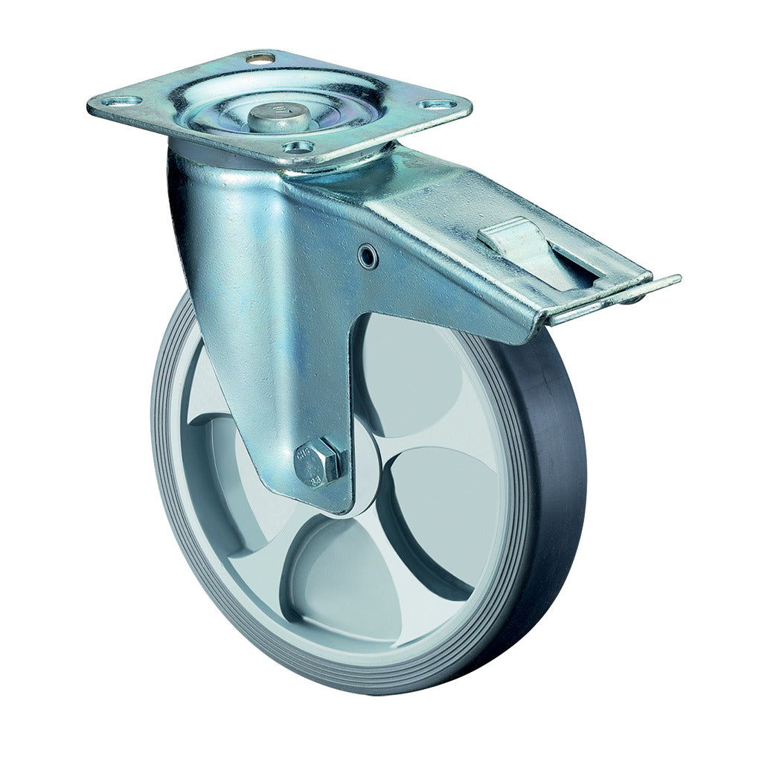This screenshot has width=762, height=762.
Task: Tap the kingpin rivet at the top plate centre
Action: [271, 116]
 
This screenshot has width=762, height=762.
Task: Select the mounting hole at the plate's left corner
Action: [121, 100]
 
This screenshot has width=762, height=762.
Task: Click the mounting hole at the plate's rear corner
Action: [260, 57]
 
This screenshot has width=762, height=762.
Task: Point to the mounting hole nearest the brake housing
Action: [298, 147]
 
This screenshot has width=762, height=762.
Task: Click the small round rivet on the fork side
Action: [367, 257]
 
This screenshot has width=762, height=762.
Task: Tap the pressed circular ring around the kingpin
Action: [223, 112]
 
